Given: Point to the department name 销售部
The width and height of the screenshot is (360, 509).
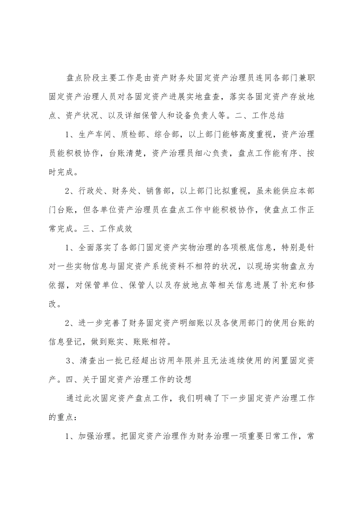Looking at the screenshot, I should pyautogui.click(x=161, y=191).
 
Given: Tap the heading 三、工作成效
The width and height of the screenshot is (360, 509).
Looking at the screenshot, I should pyautogui.click(x=110, y=229).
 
